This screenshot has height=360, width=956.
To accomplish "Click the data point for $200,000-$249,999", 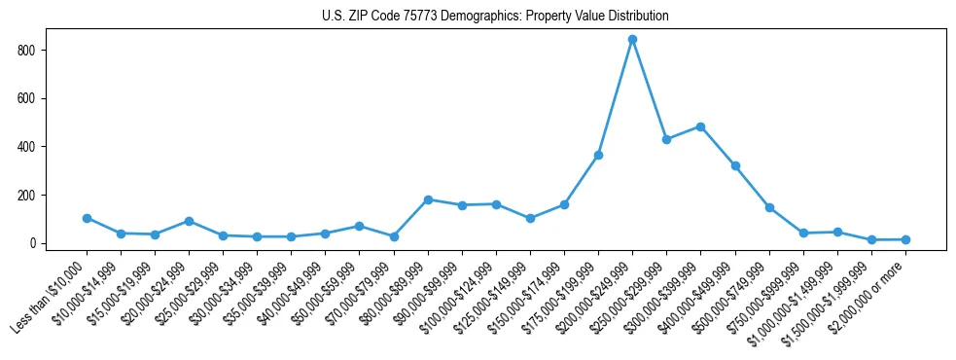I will click(632, 40).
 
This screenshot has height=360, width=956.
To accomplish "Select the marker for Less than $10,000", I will click(87, 218).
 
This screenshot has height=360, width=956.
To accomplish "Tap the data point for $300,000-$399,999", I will click(700, 126).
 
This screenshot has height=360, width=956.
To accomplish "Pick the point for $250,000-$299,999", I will click(666, 139).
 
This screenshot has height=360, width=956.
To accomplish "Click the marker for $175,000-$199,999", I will click(598, 155).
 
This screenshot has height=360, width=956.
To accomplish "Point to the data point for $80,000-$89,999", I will click(428, 199).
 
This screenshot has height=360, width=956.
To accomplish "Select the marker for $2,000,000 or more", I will click(905, 239).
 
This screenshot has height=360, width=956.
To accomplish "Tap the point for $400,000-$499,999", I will click(735, 165).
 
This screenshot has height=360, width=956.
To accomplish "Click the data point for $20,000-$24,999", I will click(189, 221).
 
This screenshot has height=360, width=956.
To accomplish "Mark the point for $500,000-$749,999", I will click(769, 207).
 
